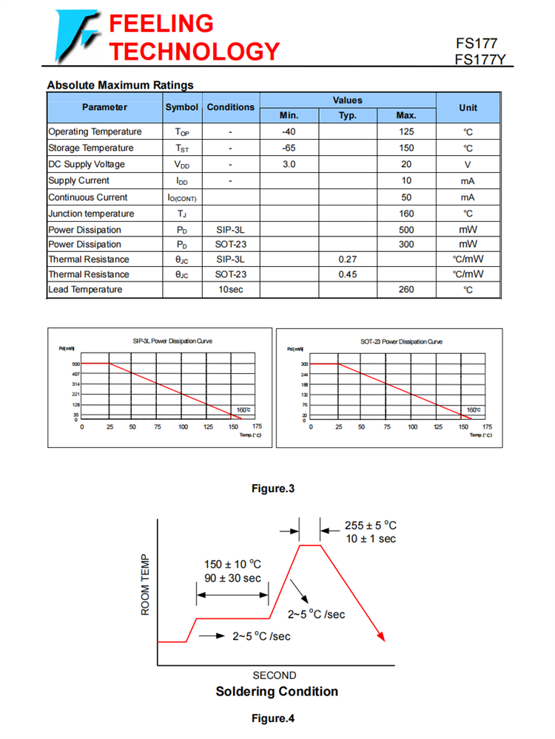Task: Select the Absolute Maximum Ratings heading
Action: coord(120,85)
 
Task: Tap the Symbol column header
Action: coord(181,107)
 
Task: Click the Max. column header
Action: coord(406,115)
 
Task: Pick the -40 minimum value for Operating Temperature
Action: coord(289,132)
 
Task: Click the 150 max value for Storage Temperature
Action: coord(406,148)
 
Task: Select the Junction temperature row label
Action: coord(91,214)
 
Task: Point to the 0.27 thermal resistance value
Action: coord(347,259)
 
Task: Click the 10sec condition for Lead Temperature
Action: coord(230,290)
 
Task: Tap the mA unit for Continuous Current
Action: coord(468,197)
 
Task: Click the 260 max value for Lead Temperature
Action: coord(406,290)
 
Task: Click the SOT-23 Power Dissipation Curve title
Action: coord(401,341)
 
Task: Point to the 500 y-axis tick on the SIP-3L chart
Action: coord(75,364)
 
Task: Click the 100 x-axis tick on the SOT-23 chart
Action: coord(412,427)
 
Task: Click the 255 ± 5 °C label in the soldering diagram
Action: coord(371,525)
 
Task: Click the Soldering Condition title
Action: coord(277,692)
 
